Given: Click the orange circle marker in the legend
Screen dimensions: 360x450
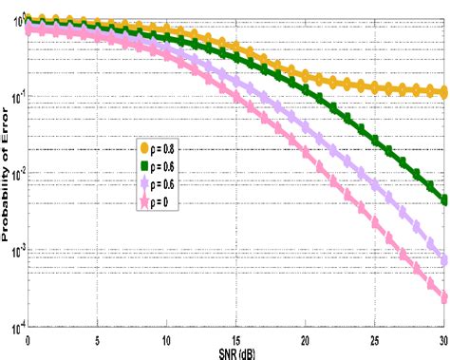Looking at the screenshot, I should [x=144, y=148].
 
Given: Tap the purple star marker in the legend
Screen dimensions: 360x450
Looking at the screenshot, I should [x=144, y=181].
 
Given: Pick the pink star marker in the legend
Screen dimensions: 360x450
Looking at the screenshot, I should [x=144, y=200].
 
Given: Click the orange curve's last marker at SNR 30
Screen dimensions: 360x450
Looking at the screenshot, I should [x=444, y=93].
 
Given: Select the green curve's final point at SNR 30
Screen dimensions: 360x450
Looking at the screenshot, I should [x=444, y=199].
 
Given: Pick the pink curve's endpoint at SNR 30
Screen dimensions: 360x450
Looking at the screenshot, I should [x=444, y=298].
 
